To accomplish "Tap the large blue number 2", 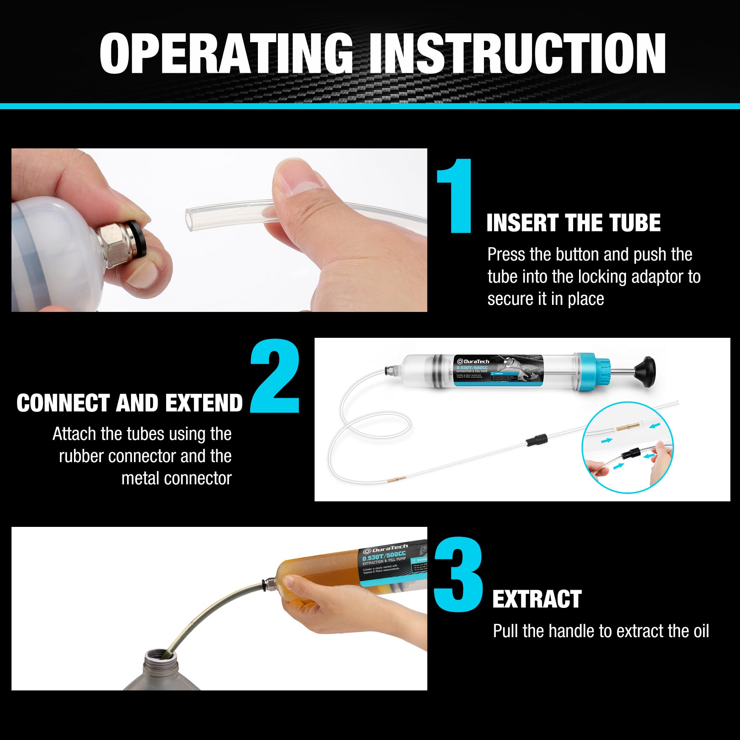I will pyautogui.click(x=275, y=376).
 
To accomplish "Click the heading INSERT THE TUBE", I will pyautogui.click(x=573, y=223).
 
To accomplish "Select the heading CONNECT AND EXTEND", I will pyautogui.click(x=129, y=403).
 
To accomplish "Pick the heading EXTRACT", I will pyautogui.click(x=536, y=599).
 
